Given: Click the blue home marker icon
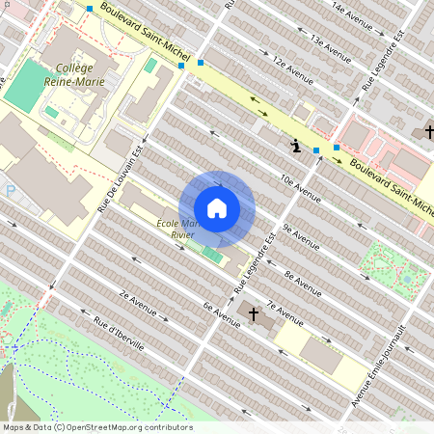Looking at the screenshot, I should [217, 208].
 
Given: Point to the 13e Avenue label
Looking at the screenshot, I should [330, 42].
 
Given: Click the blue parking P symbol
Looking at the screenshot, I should [11, 191].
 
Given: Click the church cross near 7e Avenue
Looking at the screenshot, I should [255, 313].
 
